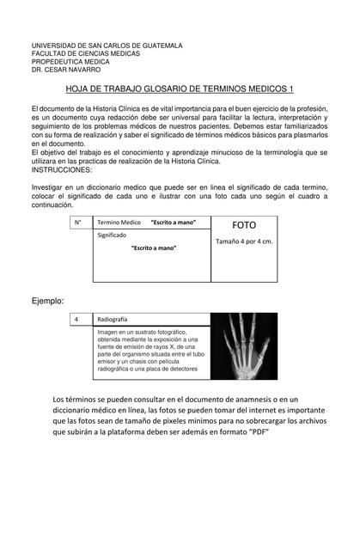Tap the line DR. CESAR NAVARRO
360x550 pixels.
tap(65, 69)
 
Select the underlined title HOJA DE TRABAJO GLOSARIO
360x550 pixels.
tap(180, 89)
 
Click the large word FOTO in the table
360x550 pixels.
tap(244, 225)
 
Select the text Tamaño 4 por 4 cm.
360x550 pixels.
tap(243, 241)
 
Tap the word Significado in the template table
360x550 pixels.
tap(113, 235)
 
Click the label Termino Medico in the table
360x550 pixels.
tap(119, 223)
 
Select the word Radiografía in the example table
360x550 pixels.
tap(113, 319)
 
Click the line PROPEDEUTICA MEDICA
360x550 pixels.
tap(70, 61)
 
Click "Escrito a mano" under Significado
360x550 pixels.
tap(154, 247)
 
